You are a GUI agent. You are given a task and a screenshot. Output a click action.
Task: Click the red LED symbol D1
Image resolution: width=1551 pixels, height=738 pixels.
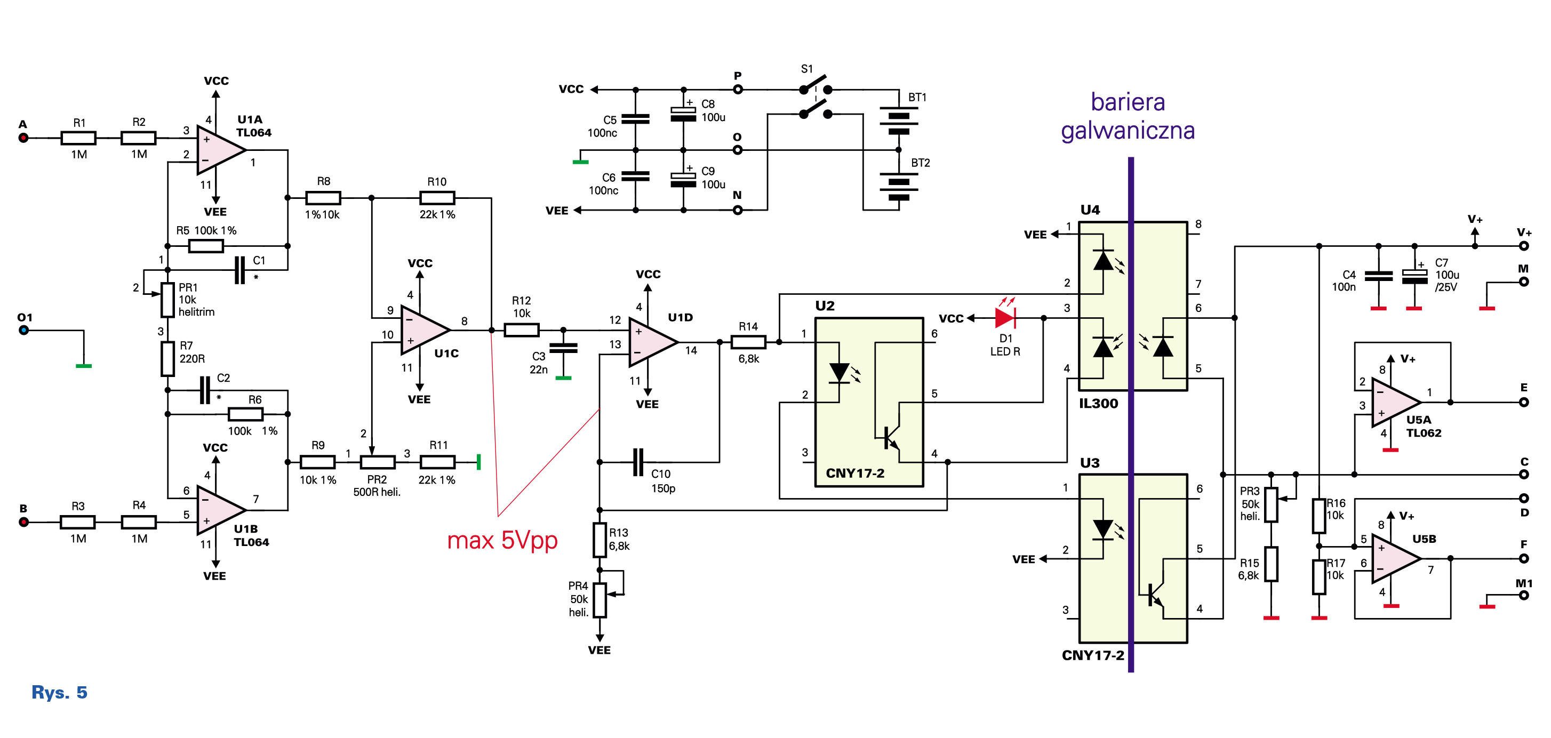pyautogui.click(x=1005, y=318)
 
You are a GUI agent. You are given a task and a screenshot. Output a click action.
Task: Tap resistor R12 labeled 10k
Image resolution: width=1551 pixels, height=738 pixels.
pyautogui.click(x=522, y=330)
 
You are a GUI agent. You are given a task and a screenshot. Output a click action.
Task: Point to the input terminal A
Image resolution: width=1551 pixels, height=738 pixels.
pyautogui.click(x=23, y=138)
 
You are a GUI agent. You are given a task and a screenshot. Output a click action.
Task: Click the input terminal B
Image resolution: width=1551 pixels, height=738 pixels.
pyautogui.click(x=23, y=522)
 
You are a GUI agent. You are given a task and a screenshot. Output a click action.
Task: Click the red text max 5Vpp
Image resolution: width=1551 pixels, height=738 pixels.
pyautogui.click(x=502, y=541)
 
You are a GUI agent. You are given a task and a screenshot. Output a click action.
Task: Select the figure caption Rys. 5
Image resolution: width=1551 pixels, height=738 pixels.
pyautogui.click(x=60, y=692)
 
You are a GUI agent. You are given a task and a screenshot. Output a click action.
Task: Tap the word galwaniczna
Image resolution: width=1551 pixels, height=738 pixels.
pyautogui.click(x=1128, y=131)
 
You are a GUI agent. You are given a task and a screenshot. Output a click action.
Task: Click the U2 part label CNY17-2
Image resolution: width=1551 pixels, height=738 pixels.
pyautogui.click(x=855, y=473)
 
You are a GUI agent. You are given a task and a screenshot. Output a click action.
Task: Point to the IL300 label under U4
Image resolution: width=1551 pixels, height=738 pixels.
pyautogui.click(x=1098, y=403)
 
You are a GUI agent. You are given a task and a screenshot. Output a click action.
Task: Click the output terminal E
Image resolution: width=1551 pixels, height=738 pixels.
pyautogui.click(x=1523, y=402)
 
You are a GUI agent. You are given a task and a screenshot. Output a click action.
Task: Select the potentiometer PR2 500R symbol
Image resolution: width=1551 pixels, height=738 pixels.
pyautogui.click(x=378, y=462)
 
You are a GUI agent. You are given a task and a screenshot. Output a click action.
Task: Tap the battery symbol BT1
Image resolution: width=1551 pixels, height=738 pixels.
pyautogui.click(x=898, y=121)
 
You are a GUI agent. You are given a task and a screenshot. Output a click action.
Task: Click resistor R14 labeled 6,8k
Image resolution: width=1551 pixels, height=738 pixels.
pyautogui.click(x=748, y=342)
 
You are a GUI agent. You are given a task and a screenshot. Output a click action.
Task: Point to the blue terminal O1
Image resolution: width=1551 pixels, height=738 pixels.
pyautogui.click(x=23, y=330)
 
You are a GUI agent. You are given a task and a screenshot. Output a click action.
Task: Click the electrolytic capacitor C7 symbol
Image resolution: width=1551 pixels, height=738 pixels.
pyautogui.click(x=1414, y=276)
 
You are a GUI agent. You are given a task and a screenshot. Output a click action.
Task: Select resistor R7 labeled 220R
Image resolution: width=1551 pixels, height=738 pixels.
pyautogui.click(x=168, y=359)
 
